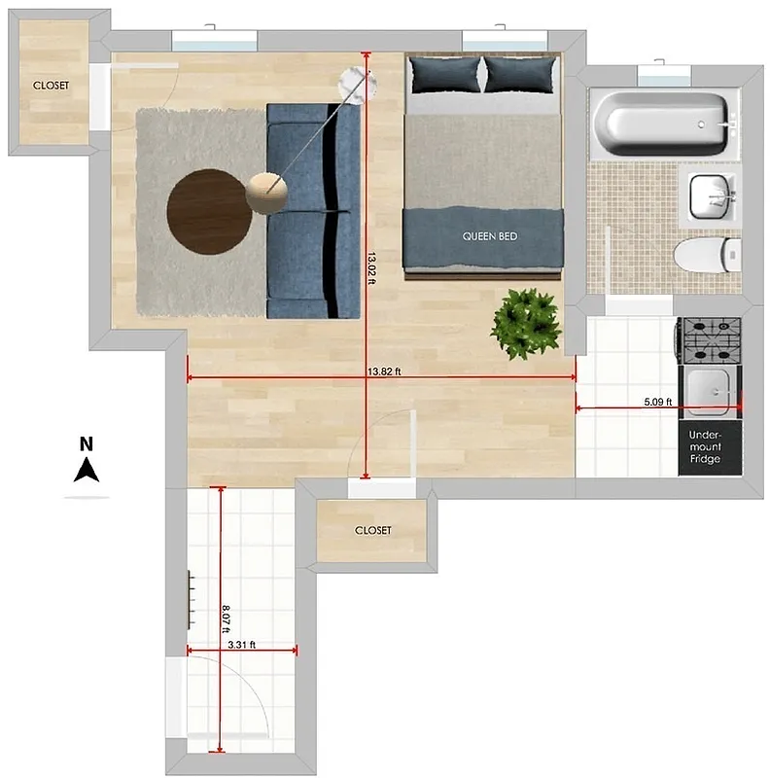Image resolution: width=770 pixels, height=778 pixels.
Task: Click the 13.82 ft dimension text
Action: click(384, 371)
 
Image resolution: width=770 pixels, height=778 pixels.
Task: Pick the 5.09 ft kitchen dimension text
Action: click(657, 401)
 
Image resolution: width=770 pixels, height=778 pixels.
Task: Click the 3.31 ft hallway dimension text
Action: click(241, 644)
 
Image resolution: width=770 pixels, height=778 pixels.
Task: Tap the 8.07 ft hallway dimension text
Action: click(226, 619)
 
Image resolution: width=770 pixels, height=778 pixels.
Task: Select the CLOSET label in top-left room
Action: click(52, 86)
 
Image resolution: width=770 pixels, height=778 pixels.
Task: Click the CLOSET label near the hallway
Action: click(372, 530)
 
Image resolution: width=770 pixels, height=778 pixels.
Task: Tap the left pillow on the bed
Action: click(444, 75)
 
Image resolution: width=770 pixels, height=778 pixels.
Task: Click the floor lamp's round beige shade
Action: click(266, 192)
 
